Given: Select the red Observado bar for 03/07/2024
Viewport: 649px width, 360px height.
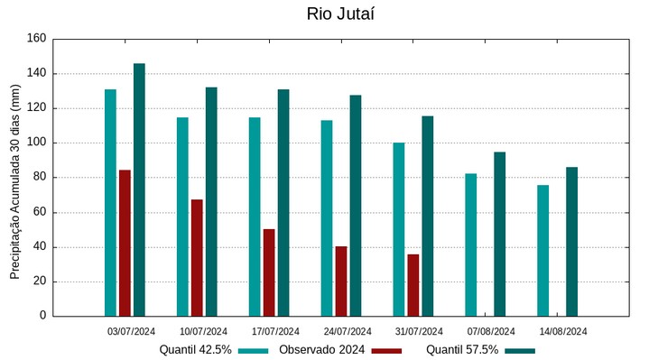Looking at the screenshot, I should click(125, 243).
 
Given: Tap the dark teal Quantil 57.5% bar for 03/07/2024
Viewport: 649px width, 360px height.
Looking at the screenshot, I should click(139, 189).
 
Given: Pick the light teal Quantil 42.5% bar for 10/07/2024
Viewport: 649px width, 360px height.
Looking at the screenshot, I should click(182, 217).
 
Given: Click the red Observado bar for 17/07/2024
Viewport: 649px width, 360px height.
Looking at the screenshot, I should click(269, 272).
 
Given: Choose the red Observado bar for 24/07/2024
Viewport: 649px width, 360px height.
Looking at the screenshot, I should click(341, 281).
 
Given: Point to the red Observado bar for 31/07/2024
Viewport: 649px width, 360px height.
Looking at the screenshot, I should click(413, 285).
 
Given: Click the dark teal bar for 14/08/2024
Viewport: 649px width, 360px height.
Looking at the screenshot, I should click(571, 241).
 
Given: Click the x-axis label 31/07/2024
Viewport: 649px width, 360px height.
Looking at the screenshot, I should click(420, 331).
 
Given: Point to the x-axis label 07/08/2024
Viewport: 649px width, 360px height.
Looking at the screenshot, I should click(492, 331).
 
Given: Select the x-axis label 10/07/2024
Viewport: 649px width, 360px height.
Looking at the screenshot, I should click(204, 331).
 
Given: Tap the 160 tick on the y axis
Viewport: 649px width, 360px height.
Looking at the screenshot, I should click(36, 39).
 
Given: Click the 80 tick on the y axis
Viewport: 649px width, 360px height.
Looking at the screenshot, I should click(39, 178).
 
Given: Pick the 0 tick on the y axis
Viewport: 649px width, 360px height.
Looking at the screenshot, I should click(42, 316).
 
